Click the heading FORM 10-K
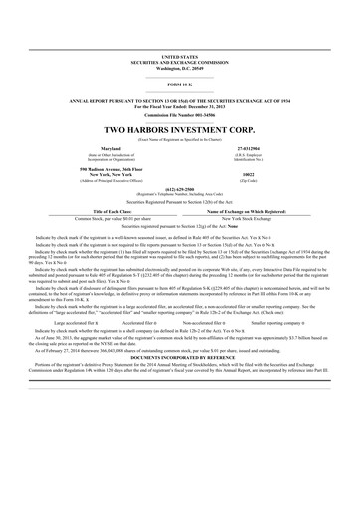tap(179, 86)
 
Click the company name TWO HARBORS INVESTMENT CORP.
tap(179, 130)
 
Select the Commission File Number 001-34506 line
tap(179, 114)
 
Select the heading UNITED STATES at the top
tap(179, 59)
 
